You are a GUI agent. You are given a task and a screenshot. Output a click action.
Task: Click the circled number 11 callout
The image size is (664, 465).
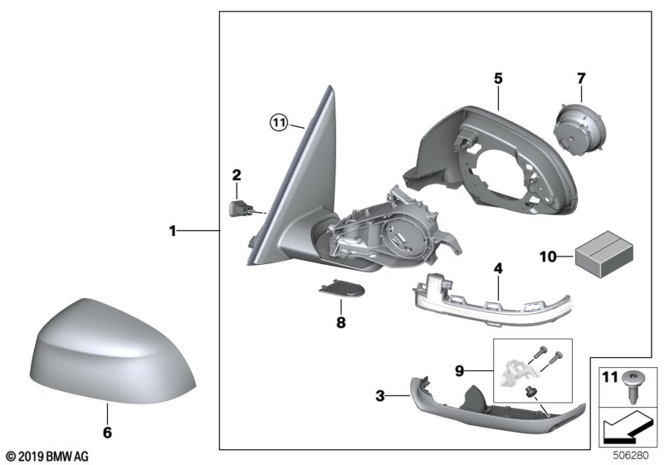(279, 123)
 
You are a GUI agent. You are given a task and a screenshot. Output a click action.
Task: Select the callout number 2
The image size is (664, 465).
(237, 174)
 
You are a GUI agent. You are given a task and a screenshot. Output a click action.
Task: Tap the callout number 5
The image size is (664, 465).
(498, 78)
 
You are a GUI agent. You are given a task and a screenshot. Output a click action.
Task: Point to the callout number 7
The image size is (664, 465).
(581, 78)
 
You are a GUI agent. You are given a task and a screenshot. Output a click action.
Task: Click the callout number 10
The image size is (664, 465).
(549, 257)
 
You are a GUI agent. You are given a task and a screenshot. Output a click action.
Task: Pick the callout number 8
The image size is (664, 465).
(341, 323)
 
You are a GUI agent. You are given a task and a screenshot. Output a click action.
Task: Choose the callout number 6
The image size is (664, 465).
(107, 433)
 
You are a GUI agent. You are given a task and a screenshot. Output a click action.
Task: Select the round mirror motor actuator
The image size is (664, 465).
(579, 129)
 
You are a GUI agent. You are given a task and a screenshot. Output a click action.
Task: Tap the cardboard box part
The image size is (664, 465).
(604, 255)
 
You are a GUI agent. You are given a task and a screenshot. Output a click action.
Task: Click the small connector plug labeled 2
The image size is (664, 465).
(240, 208)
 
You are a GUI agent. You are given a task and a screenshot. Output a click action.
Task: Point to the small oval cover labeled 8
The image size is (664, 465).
(341, 288)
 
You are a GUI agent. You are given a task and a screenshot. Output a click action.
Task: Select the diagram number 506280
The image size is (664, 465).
(631, 456)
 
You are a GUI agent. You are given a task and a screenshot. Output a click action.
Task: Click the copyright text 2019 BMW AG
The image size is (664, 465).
(48, 457)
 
